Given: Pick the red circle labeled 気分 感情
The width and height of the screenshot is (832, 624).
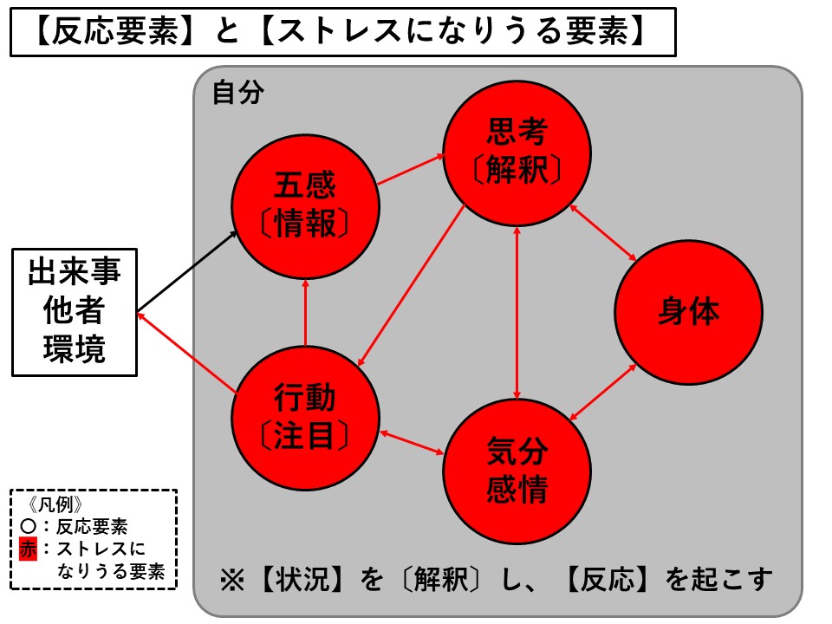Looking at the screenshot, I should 517,473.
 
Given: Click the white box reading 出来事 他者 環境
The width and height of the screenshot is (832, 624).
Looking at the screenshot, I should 74,312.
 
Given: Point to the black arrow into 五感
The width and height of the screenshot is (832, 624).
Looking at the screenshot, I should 189,270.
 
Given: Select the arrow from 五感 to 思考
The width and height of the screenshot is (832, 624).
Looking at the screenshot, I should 411,170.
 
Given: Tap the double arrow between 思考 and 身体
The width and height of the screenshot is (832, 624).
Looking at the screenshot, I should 603,232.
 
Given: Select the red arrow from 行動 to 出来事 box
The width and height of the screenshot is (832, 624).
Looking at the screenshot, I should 189,355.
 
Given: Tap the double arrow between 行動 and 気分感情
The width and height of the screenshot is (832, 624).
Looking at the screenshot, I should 411,442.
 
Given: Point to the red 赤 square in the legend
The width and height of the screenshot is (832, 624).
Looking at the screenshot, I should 29,549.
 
